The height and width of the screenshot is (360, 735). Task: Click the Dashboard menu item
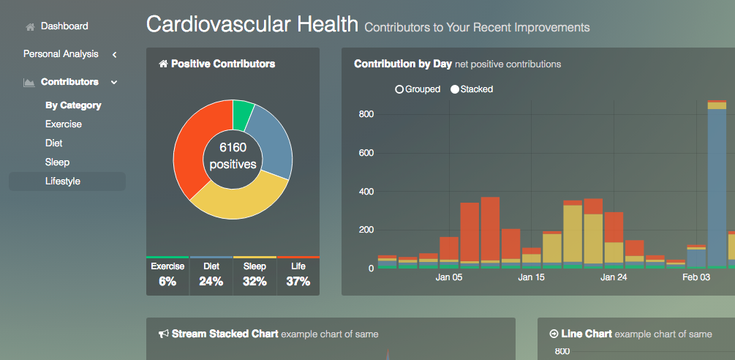[64, 26]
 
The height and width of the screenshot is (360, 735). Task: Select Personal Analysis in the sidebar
[60, 54]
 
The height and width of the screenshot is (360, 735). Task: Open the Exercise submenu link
[64, 124]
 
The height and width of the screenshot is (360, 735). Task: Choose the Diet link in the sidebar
[53, 143]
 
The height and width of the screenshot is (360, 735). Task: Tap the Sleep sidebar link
[57, 162]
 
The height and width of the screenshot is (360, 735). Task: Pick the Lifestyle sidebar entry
[62, 181]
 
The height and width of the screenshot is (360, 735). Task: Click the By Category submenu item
[73, 105]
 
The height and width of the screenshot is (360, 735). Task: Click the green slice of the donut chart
[243, 113]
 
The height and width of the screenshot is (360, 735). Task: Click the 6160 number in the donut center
[233, 148]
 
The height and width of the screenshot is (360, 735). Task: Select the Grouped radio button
[399, 89]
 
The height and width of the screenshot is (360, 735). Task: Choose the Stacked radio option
[455, 89]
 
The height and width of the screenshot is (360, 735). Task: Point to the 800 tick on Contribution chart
[366, 115]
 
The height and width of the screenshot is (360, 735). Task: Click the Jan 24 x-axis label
[614, 278]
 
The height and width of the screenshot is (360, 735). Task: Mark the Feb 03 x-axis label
[696, 278]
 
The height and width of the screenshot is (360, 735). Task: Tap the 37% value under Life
[298, 281]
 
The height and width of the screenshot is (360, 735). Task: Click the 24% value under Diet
[211, 281]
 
